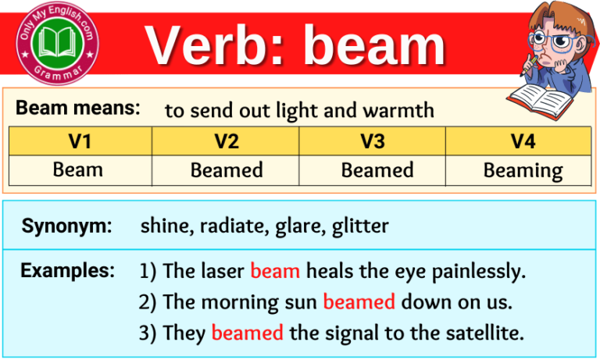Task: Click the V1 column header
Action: click(78, 141)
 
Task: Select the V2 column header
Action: click(226, 141)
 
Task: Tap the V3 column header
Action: click(373, 141)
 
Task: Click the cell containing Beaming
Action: click(522, 170)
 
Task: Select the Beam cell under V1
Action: click(78, 169)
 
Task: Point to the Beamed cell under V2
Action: click(226, 169)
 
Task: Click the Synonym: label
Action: click(66, 226)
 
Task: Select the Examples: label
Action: click(68, 271)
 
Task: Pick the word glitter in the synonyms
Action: click(360, 226)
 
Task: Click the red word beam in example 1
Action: click(275, 271)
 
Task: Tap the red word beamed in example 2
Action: click(359, 302)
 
